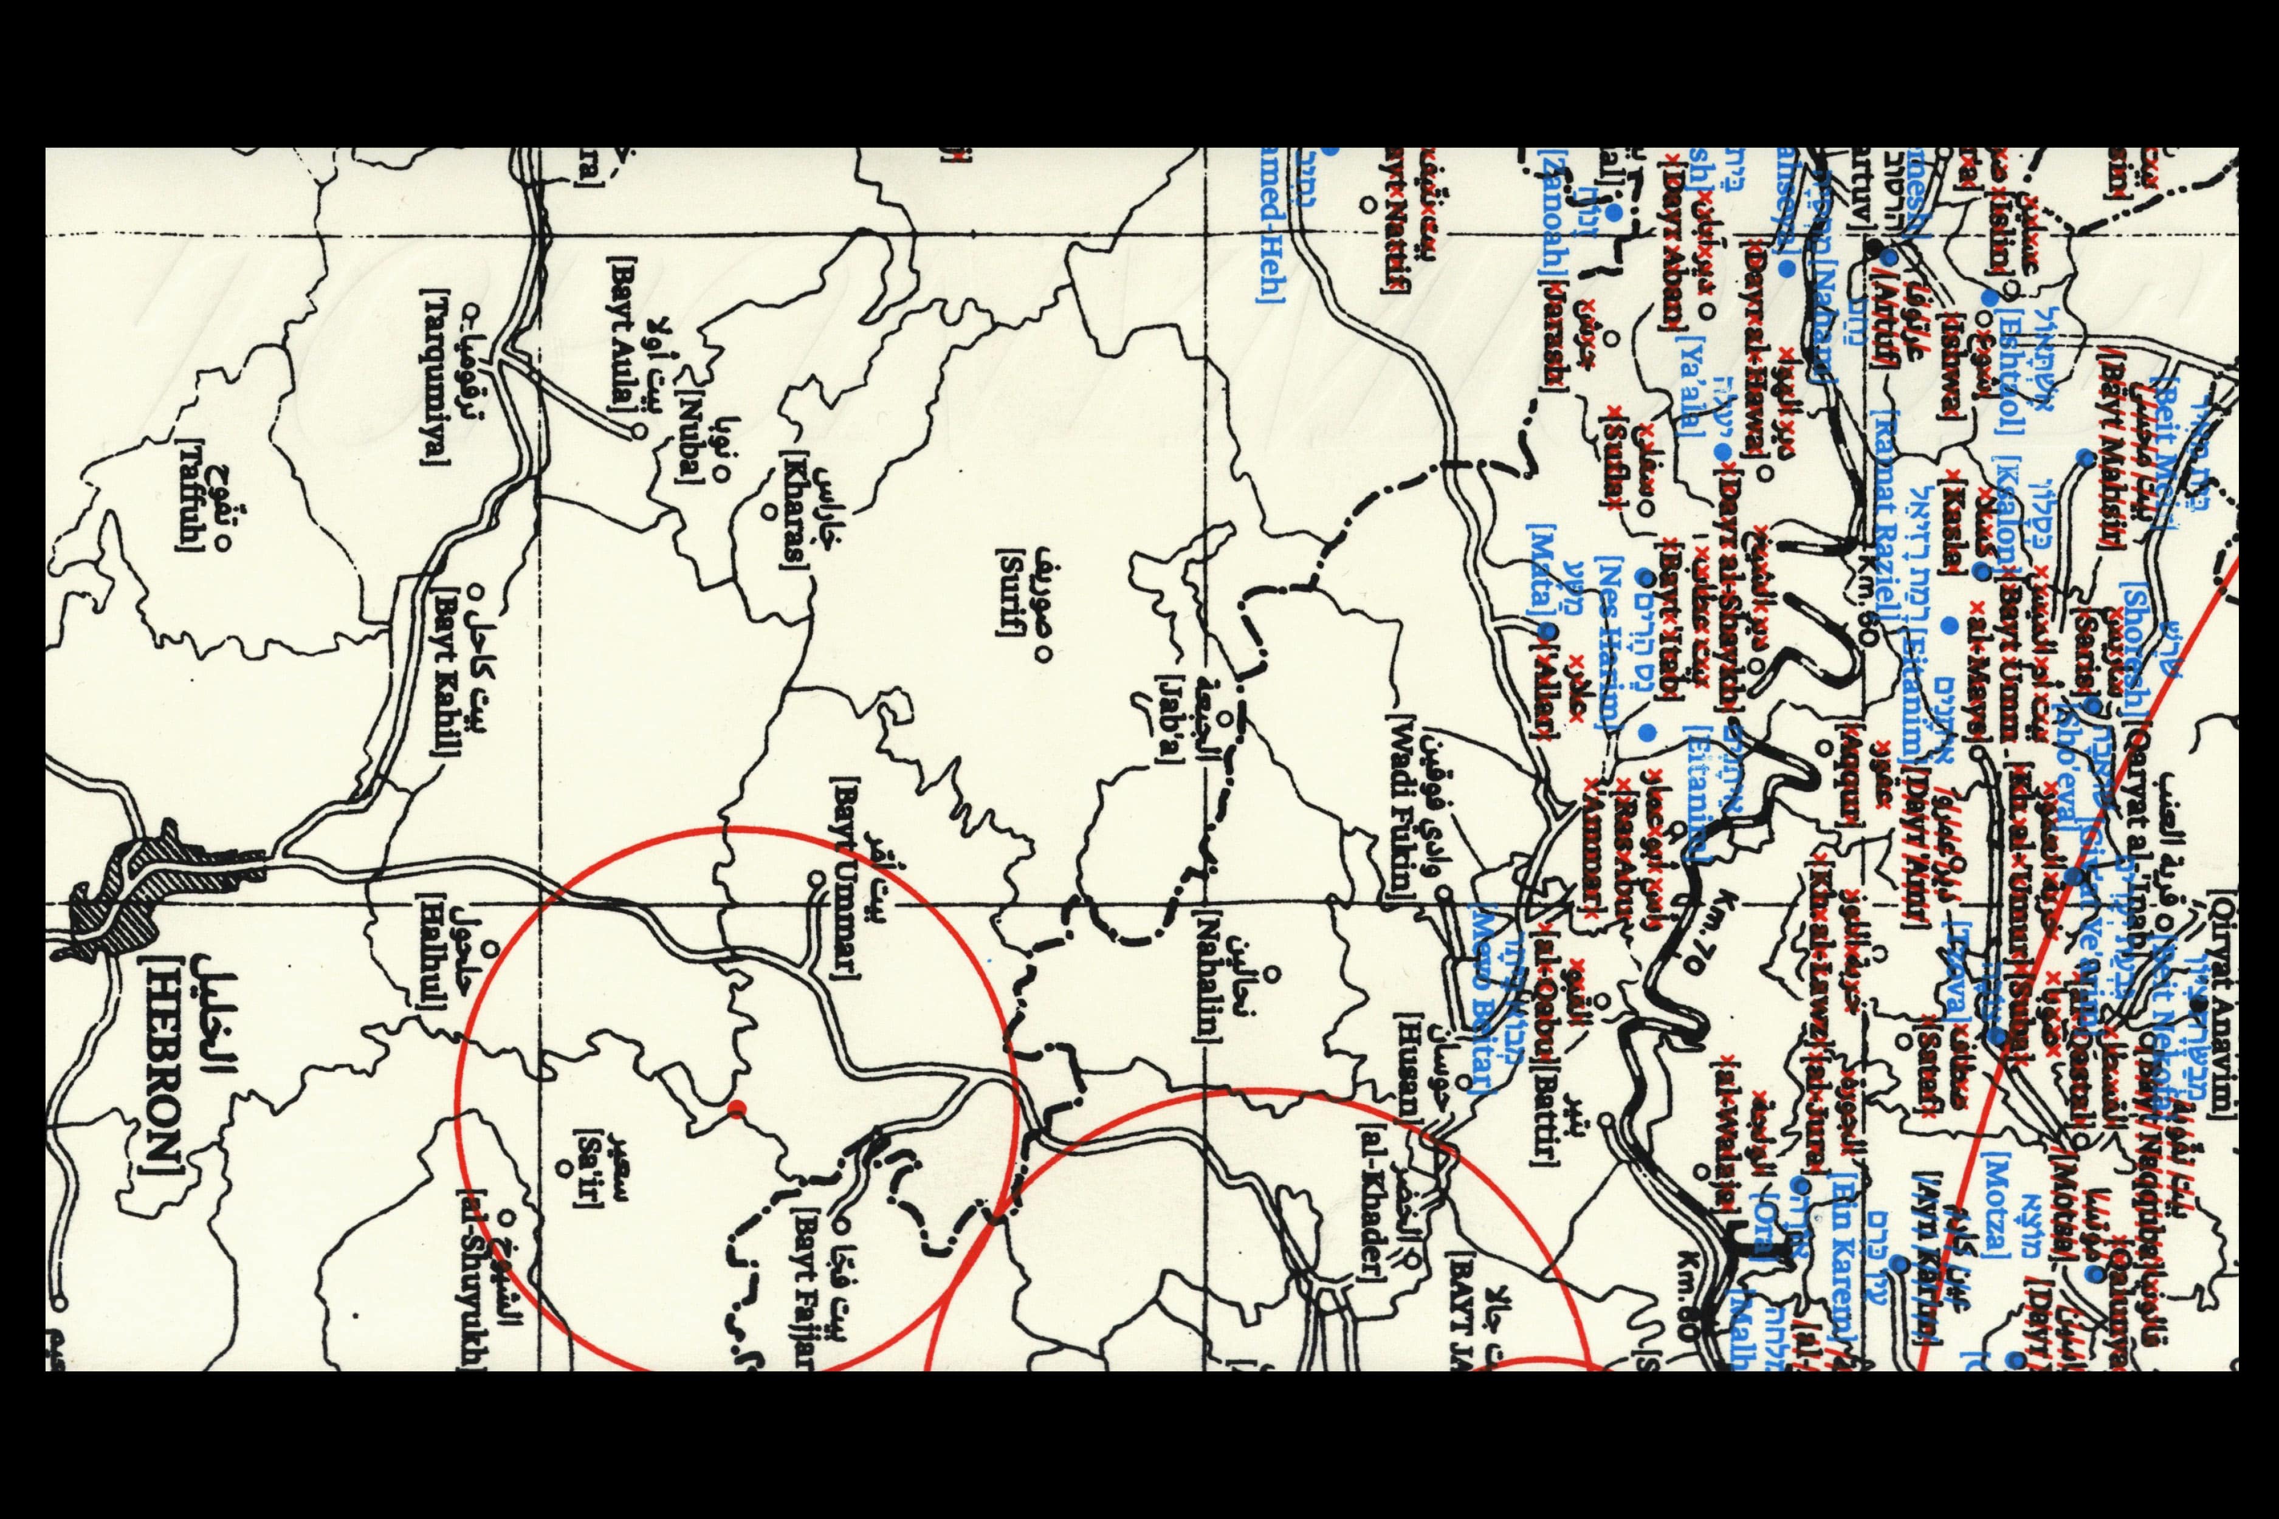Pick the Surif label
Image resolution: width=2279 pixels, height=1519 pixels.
point(1008,591)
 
